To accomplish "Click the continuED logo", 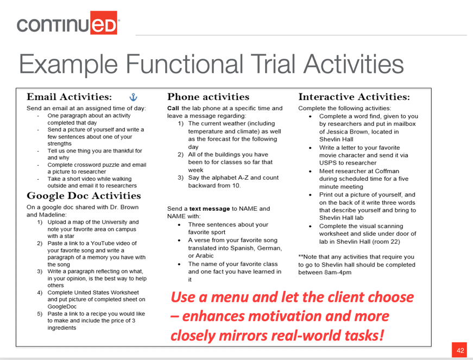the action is click(68, 23).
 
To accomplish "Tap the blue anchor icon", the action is click(134, 97).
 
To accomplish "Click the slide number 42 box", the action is click(459, 350).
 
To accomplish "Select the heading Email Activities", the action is click(69, 97).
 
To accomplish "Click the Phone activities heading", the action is click(208, 97).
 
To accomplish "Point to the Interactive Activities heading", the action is click(354, 97).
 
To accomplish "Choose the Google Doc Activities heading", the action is click(84, 195).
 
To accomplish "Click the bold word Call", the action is click(173, 108).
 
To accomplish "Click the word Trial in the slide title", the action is click(274, 64).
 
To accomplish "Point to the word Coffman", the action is click(387, 171).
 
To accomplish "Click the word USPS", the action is click(326, 163).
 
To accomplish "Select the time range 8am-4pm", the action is click(338, 273).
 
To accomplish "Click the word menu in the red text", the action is click(230, 298).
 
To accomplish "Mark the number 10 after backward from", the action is click(236, 185).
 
